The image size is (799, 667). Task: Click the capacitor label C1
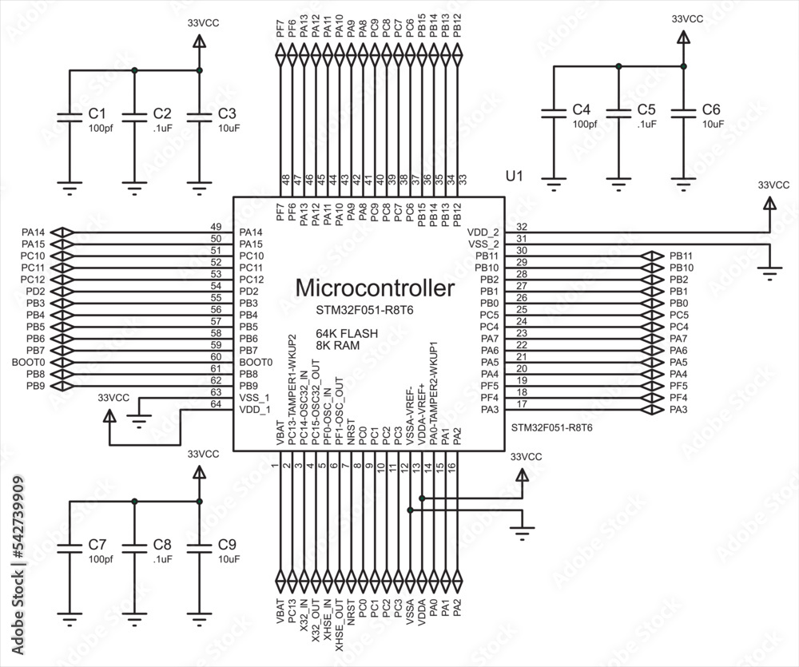pyautogui.click(x=97, y=113)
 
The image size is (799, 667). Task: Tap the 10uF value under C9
pyautogui.click(x=229, y=559)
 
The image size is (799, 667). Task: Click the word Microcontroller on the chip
pyautogui.click(x=375, y=288)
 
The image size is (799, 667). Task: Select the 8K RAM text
pyautogui.click(x=337, y=346)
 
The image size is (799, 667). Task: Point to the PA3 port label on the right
pyautogui.click(x=678, y=410)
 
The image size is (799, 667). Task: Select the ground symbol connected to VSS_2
pyautogui.click(x=769, y=274)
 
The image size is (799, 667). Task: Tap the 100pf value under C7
pyautogui.click(x=101, y=559)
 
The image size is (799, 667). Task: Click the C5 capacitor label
pyautogui.click(x=646, y=110)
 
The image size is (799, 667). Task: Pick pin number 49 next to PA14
pyautogui.click(x=215, y=227)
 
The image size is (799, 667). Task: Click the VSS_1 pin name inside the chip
pyautogui.click(x=254, y=398)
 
